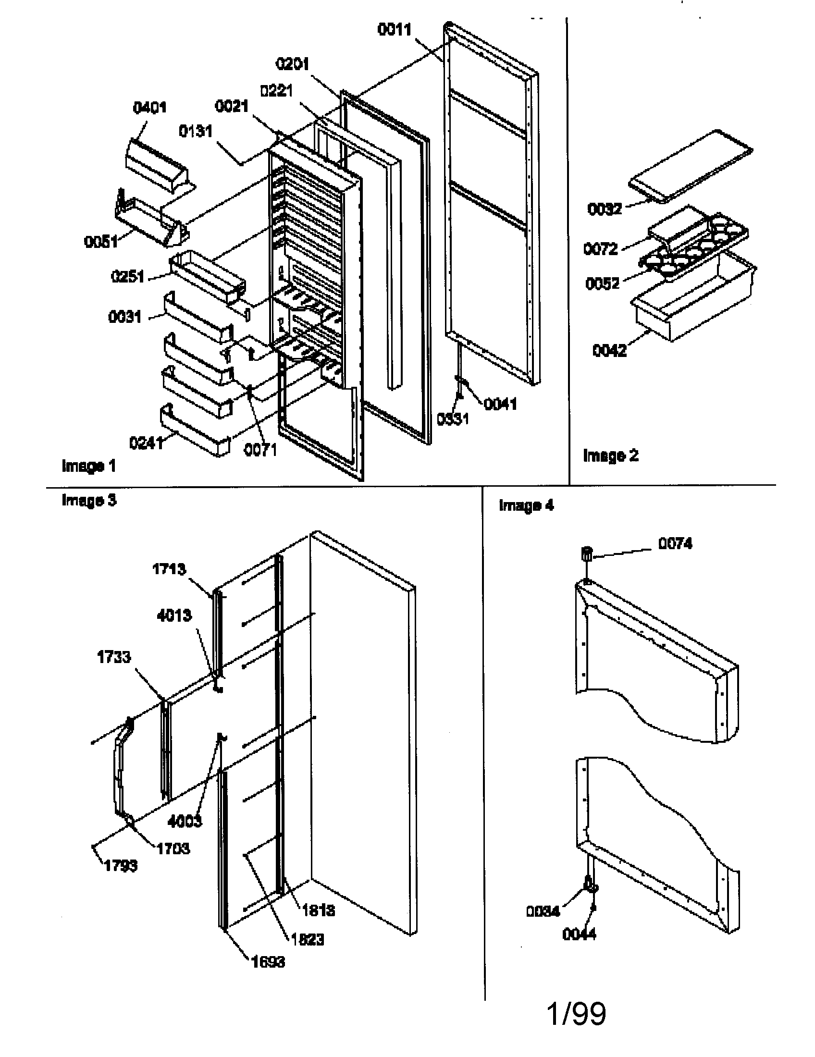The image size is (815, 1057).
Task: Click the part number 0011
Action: [x=394, y=30]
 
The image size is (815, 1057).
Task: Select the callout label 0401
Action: [x=149, y=108]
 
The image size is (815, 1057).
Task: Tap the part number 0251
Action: [x=128, y=277]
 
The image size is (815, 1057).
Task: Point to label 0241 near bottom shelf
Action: [x=146, y=443]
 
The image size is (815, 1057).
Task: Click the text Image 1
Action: [x=88, y=466]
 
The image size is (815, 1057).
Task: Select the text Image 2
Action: [x=610, y=455]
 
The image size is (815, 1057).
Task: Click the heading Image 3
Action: [x=89, y=500]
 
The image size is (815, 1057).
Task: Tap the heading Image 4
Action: [x=526, y=505]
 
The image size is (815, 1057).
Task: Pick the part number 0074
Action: [x=675, y=543]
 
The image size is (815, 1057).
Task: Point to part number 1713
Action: [x=169, y=569]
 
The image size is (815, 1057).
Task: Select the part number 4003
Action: [x=185, y=821]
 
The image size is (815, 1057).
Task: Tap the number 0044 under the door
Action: [x=579, y=934]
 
